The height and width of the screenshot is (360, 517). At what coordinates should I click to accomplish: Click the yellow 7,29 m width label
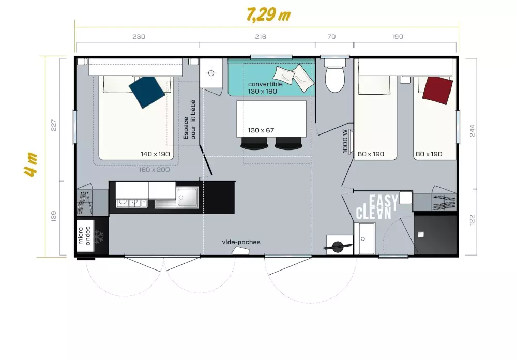(268, 15)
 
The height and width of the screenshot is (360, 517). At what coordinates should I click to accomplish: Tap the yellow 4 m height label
(32, 164)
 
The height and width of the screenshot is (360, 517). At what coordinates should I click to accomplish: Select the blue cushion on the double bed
(147, 92)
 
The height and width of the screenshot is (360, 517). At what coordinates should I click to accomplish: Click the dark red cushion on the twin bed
(437, 91)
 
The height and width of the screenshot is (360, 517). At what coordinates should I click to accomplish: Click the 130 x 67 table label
(261, 130)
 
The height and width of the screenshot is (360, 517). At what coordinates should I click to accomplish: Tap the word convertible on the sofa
(265, 84)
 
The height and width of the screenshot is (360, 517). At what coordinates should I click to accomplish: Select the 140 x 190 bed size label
(155, 154)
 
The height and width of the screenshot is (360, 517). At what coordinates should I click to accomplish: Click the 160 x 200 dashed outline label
(154, 169)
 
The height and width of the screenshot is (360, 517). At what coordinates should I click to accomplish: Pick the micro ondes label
(84, 235)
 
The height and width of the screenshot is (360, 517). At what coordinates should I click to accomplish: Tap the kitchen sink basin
(187, 198)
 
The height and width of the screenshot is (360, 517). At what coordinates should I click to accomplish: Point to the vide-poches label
(241, 242)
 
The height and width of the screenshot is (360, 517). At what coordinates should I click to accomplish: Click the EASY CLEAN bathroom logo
(377, 207)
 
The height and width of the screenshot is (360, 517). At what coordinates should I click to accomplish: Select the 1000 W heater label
(345, 141)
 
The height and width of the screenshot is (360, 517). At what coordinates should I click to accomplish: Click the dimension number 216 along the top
(261, 37)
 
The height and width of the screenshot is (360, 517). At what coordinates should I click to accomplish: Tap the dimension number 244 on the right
(472, 131)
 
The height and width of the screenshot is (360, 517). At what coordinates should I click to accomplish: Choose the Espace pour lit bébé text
(189, 119)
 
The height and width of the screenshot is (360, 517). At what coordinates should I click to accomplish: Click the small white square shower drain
(420, 235)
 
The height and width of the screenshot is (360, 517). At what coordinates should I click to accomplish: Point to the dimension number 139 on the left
(53, 216)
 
